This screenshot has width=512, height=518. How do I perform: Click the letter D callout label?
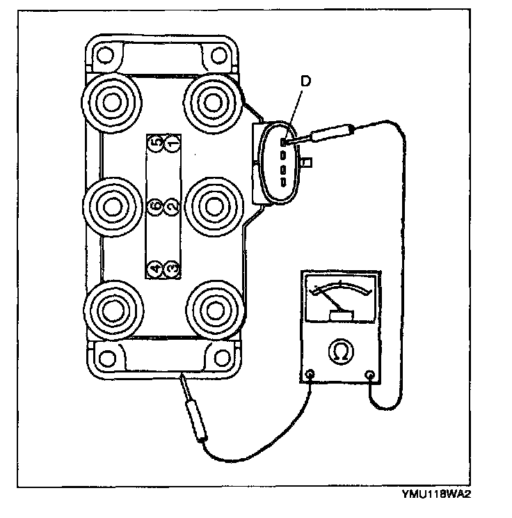pos(305,83)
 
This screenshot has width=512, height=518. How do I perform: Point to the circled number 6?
pos(156,205)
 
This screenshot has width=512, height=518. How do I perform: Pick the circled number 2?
pos(173,205)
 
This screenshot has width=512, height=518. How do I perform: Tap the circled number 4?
pos(156,267)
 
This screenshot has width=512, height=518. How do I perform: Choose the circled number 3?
pos(173,267)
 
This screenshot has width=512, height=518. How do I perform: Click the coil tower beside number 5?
pos(110,102)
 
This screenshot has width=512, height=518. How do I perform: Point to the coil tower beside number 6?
pos(110,205)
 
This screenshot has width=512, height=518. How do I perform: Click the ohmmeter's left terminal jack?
pos(309,377)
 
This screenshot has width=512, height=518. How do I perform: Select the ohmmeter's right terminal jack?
pos(371,377)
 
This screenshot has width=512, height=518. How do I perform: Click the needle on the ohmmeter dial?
pos(333,300)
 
